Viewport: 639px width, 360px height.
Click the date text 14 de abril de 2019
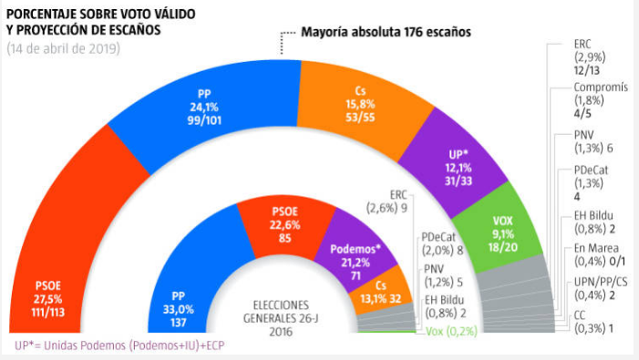coord(63,48)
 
